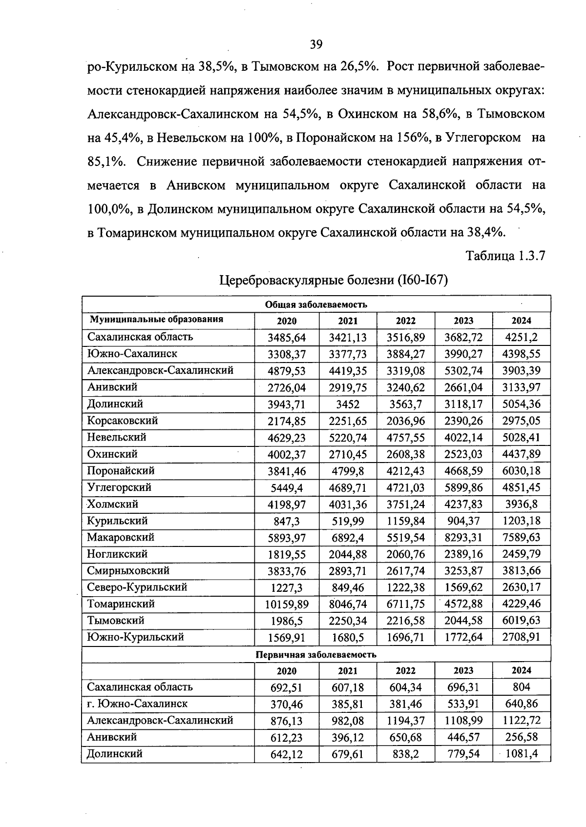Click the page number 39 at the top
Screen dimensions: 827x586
(x=316, y=45)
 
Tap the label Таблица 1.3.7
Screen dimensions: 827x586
(x=505, y=256)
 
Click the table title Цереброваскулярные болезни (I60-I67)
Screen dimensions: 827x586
(x=334, y=280)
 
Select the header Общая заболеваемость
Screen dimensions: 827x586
(x=316, y=304)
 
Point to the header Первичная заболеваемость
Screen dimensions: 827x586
(x=316, y=654)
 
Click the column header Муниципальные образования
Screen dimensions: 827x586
(x=156, y=320)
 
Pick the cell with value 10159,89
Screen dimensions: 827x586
(x=287, y=604)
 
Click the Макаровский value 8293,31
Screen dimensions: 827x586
(x=463, y=538)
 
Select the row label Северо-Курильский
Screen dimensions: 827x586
(x=137, y=587)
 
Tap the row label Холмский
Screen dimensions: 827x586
(x=113, y=504)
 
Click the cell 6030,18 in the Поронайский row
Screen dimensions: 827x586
(x=521, y=471)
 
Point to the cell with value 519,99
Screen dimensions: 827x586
(x=348, y=521)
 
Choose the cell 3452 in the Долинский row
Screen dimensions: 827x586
(x=348, y=404)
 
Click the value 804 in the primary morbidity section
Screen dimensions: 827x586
(x=521, y=687)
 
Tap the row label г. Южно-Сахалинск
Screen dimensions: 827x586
(x=137, y=704)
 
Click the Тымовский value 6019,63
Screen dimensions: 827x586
(x=521, y=621)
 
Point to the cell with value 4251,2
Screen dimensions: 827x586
(x=521, y=338)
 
